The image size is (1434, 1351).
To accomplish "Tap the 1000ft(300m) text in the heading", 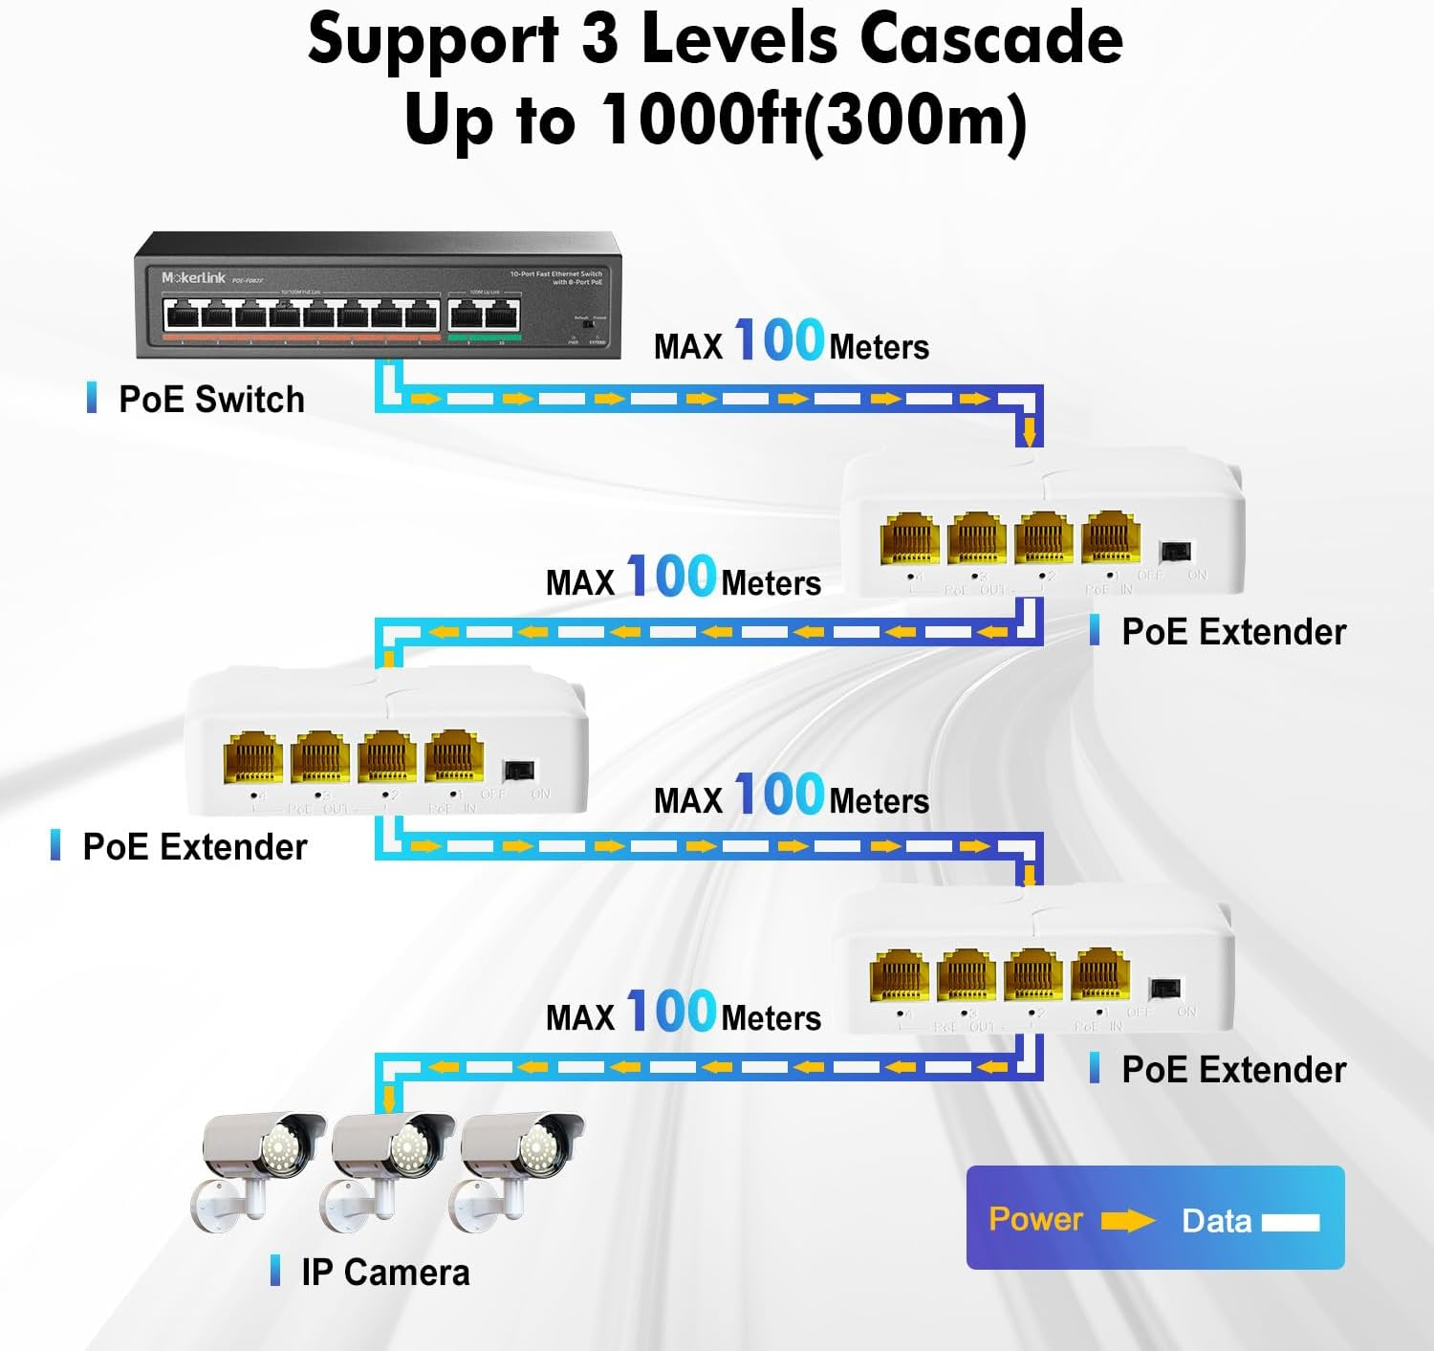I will click(815, 121).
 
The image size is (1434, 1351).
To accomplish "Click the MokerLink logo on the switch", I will click(193, 277).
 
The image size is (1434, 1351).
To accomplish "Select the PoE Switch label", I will click(211, 400).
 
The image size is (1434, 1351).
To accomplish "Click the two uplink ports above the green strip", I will click(485, 314).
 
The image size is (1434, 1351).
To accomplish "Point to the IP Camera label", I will click(385, 1273).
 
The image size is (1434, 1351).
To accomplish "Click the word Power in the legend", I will click(1035, 1219).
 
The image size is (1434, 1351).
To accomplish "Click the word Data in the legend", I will click(1216, 1221).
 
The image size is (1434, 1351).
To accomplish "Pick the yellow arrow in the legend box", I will click(1128, 1221).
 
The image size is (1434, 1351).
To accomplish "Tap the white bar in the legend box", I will click(1291, 1222).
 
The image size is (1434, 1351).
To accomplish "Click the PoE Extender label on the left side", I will click(194, 847).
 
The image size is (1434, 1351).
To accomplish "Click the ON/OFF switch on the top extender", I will click(1175, 552).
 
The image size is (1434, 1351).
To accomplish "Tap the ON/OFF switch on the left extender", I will click(518, 770).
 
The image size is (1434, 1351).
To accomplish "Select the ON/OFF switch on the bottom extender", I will click(1163, 989).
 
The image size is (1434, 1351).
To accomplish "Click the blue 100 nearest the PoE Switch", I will click(779, 341).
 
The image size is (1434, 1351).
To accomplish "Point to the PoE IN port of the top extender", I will click(1110, 539).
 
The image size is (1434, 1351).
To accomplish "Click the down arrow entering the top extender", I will click(1029, 433).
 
